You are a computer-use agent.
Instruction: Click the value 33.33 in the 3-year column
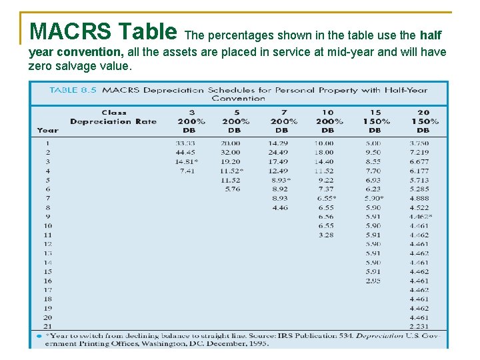click(x=185, y=143)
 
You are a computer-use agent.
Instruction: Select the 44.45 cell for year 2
click(x=185, y=153)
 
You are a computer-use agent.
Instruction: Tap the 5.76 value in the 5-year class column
click(x=233, y=189)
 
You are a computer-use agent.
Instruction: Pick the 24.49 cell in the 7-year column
click(x=279, y=153)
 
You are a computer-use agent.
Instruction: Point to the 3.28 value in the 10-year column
click(x=326, y=235)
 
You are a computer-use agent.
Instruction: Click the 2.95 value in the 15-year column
click(x=373, y=281)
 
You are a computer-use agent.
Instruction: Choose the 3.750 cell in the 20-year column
click(x=419, y=143)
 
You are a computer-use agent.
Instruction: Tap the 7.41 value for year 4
click(x=187, y=171)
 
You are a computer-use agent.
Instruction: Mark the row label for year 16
click(x=47, y=281)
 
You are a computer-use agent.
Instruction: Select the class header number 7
click(x=283, y=113)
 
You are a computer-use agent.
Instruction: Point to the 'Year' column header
click(x=47, y=130)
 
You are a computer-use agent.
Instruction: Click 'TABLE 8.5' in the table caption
click(x=73, y=90)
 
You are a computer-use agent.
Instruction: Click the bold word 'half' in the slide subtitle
click(x=430, y=35)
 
